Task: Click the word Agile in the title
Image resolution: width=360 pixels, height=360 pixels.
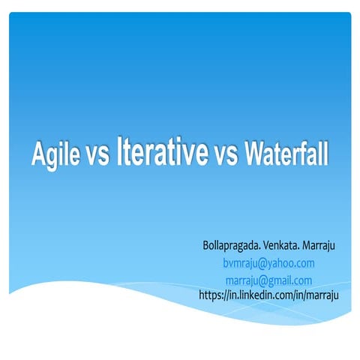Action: (58, 154)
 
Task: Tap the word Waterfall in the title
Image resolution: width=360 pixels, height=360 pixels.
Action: (284, 154)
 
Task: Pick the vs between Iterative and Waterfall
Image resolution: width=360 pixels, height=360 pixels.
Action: (226, 156)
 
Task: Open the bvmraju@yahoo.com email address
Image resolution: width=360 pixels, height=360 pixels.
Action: (268, 263)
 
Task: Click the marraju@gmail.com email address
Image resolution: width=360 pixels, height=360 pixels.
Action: (268, 280)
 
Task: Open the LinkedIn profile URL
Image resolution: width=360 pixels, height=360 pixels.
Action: (268, 295)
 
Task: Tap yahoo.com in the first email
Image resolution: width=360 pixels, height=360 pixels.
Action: (292, 263)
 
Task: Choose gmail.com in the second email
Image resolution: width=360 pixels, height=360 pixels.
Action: (291, 280)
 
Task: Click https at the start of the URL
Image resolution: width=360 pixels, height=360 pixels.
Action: (211, 295)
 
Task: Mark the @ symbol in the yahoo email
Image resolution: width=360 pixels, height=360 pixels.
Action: (265, 263)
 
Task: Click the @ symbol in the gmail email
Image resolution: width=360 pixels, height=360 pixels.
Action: (263, 280)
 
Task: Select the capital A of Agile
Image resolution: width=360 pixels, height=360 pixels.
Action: (39, 154)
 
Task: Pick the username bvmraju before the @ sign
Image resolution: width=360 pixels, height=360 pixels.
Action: (241, 263)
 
